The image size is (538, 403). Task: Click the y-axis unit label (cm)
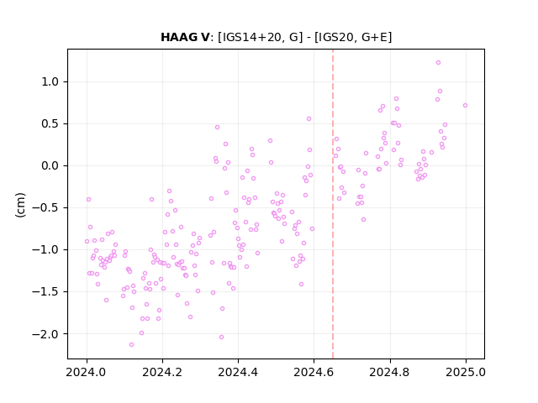point(20,205)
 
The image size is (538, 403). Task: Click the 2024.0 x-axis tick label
point(87,372)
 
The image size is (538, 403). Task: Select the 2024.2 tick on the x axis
point(162,372)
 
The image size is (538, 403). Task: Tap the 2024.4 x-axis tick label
point(238,372)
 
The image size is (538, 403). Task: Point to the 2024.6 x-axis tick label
point(314,372)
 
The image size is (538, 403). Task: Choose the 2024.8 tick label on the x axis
point(390,372)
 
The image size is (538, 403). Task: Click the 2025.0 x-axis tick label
point(466,372)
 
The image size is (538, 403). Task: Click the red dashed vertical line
point(333,204)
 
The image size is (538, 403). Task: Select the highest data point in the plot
point(438,63)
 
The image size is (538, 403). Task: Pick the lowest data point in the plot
point(131,345)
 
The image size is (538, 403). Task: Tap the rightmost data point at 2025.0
point(465,106)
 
